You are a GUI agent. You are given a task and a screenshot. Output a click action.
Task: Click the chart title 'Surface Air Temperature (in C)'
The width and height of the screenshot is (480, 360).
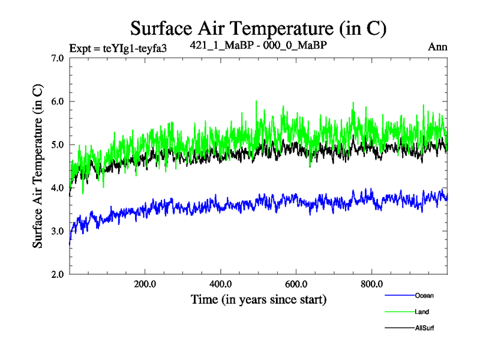pos(258,28)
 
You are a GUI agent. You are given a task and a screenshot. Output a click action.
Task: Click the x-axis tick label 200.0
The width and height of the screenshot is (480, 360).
pos(145,284)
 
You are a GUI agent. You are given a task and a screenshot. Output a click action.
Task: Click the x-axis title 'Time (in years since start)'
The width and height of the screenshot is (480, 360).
pos(259,299)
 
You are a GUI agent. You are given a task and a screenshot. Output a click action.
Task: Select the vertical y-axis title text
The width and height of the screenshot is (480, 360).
pos(37,166)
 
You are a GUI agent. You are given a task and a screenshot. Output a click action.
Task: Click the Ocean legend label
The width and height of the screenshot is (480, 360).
pos(424,295)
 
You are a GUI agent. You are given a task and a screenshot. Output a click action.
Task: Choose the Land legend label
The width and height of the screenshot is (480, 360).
pos(422,312)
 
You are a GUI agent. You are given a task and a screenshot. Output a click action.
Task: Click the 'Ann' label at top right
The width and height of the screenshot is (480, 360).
pos(438,47)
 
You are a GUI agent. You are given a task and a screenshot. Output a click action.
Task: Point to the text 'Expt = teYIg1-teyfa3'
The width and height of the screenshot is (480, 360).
pos(118,48)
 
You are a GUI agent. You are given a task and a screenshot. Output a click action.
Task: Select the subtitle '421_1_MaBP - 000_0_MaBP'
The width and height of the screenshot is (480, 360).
pos(258,45)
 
